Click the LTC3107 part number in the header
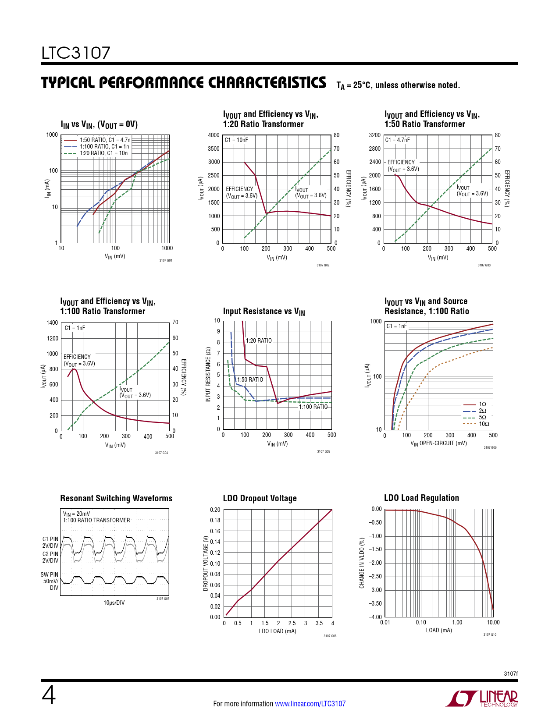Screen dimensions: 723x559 pyautogui.click(x=76, y=53)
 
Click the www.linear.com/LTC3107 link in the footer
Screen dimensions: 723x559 pyautogui.click(x=310, y=704)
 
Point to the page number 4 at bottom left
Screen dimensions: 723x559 pyautogui.click(x=49, y=695)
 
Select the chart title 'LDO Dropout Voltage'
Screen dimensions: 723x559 pyautogui.click(x=260, y=498)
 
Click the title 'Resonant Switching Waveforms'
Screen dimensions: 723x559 pyautogui.click(x=116, y=498)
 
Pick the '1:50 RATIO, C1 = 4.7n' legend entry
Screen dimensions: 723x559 pyautogui.click(x=105, y=140)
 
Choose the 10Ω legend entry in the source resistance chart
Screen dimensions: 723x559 pyautogui.click(x=484, y=424)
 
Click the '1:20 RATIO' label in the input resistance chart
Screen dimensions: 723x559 pyautogui.click(x=259, y=340)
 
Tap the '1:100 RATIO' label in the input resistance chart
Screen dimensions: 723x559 pyautogui.click(x=313, y=407)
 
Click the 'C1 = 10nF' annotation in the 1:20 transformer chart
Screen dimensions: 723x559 pyautogui.click(x=236, y=140)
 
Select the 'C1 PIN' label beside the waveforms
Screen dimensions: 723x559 pyautogui.click(x=50, y=539)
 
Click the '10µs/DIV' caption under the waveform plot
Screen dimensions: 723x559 pyautogui.click(x=114, y=602)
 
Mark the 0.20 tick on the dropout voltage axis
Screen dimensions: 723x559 pyautogui.click(x=215, y=510)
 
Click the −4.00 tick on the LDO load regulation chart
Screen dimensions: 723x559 pyautogui.click(x=375, y=617)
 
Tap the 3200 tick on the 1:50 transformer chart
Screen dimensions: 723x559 pyautogui.click(x=374, y=135)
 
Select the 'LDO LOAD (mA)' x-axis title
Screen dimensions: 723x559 pyautogui.click(x=278, y=631)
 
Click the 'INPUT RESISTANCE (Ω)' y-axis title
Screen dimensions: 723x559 pyautogui.click(x=208, y=375)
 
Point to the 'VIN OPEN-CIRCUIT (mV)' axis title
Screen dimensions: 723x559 pyautogui.click(x=438, y=443)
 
